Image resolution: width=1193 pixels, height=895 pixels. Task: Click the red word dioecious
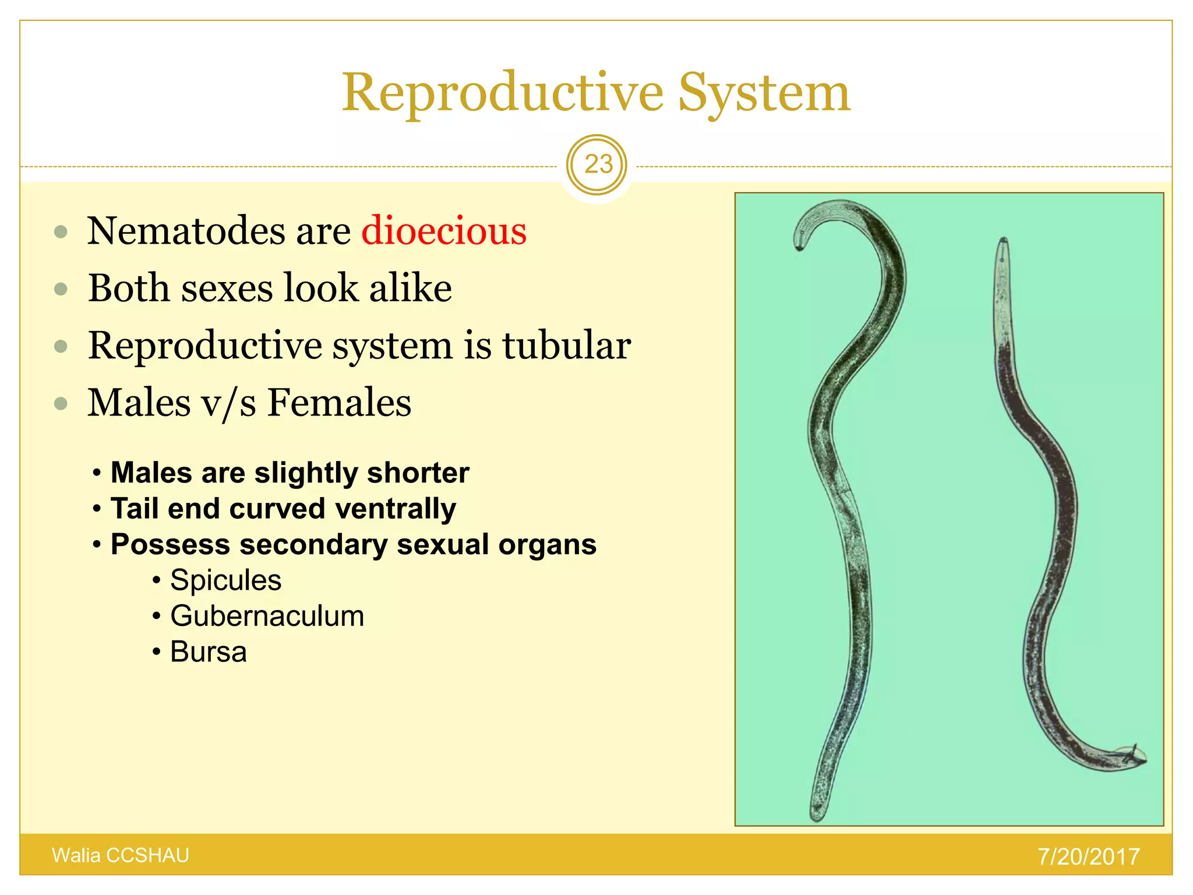pos(444,231)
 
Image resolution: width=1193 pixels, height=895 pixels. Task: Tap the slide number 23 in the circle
pos(598,164)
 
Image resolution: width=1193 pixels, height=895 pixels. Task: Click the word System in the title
pos(764,93)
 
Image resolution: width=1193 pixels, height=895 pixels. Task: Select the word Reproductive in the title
pos(502,93)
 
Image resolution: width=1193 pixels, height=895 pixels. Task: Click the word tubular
pos(566,346)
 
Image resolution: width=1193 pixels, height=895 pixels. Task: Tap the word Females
pos(339,403)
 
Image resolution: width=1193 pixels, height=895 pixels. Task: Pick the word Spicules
pos(225,580)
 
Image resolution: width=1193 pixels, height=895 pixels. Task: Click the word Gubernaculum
pos(267,616)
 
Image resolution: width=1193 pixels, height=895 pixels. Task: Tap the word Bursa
pos(208,652)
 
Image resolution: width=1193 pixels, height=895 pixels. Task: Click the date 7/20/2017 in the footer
pos(1088,857)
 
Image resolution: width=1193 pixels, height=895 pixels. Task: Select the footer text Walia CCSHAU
pos(121,855)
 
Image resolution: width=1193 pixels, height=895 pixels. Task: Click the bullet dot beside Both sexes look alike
pos(61,289)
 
